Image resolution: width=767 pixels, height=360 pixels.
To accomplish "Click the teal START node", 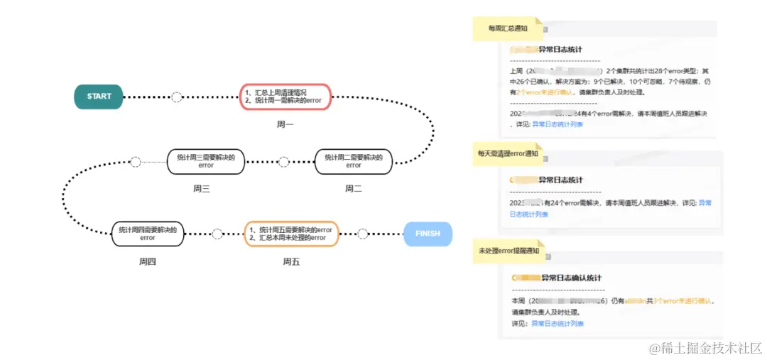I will click(99, 97).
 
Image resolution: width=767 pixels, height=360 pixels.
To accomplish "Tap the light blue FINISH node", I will click(428, 234).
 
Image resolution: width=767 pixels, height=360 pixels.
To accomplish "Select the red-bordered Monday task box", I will click(285, 97).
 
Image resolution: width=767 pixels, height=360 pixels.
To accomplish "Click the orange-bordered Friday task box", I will click(291, 234).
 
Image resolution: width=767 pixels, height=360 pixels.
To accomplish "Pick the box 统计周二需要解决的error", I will click(353, 161).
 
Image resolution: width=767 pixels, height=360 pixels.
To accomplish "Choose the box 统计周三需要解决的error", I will click(205, 161).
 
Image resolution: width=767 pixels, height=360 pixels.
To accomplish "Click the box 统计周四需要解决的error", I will click(148, 234).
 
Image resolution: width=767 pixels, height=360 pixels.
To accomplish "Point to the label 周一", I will click(285, 125).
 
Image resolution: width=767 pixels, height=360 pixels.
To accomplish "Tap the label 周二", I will click(353, 189).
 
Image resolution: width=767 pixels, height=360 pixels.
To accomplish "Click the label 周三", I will click(202, 189).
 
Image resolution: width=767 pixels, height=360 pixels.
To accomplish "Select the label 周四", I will click(147, 261).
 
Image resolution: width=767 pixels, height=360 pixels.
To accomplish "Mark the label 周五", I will click(291, 261).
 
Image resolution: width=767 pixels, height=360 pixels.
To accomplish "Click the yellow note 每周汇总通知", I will click(508, 28).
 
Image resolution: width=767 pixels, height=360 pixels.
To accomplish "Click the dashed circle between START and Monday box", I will click(177, 97).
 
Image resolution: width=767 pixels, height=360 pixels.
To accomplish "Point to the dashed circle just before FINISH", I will click(362, 234).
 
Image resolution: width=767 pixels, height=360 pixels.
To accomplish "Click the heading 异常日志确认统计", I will click(571, 278).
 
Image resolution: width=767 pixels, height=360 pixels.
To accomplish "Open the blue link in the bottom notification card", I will click(557, 324).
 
